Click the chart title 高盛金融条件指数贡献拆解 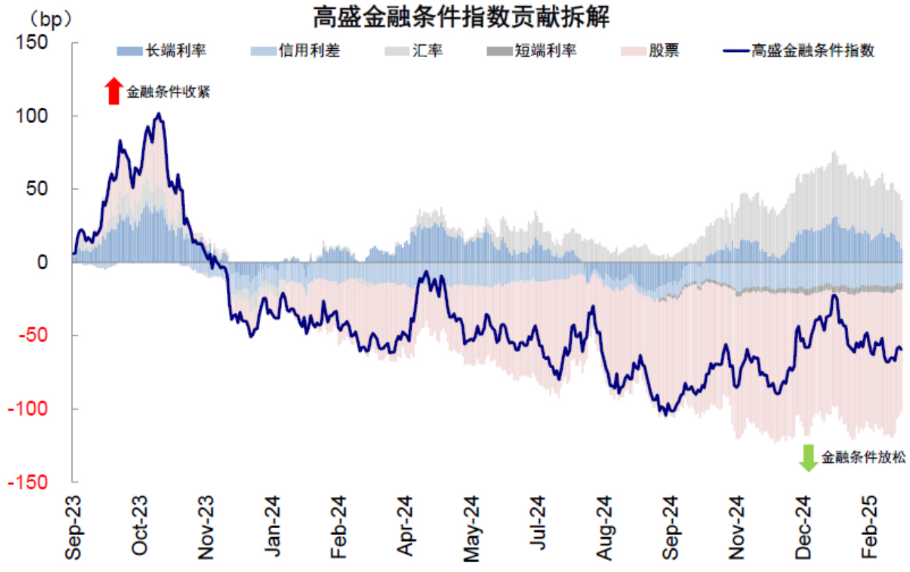click(x=461, y=17)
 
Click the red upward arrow click(x=113, y=91)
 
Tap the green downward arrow click(x=808, y=458)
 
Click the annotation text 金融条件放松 click(x=863, y=458)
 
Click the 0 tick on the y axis click(x=42, y=262)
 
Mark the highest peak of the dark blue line click(x=159, y=113)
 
